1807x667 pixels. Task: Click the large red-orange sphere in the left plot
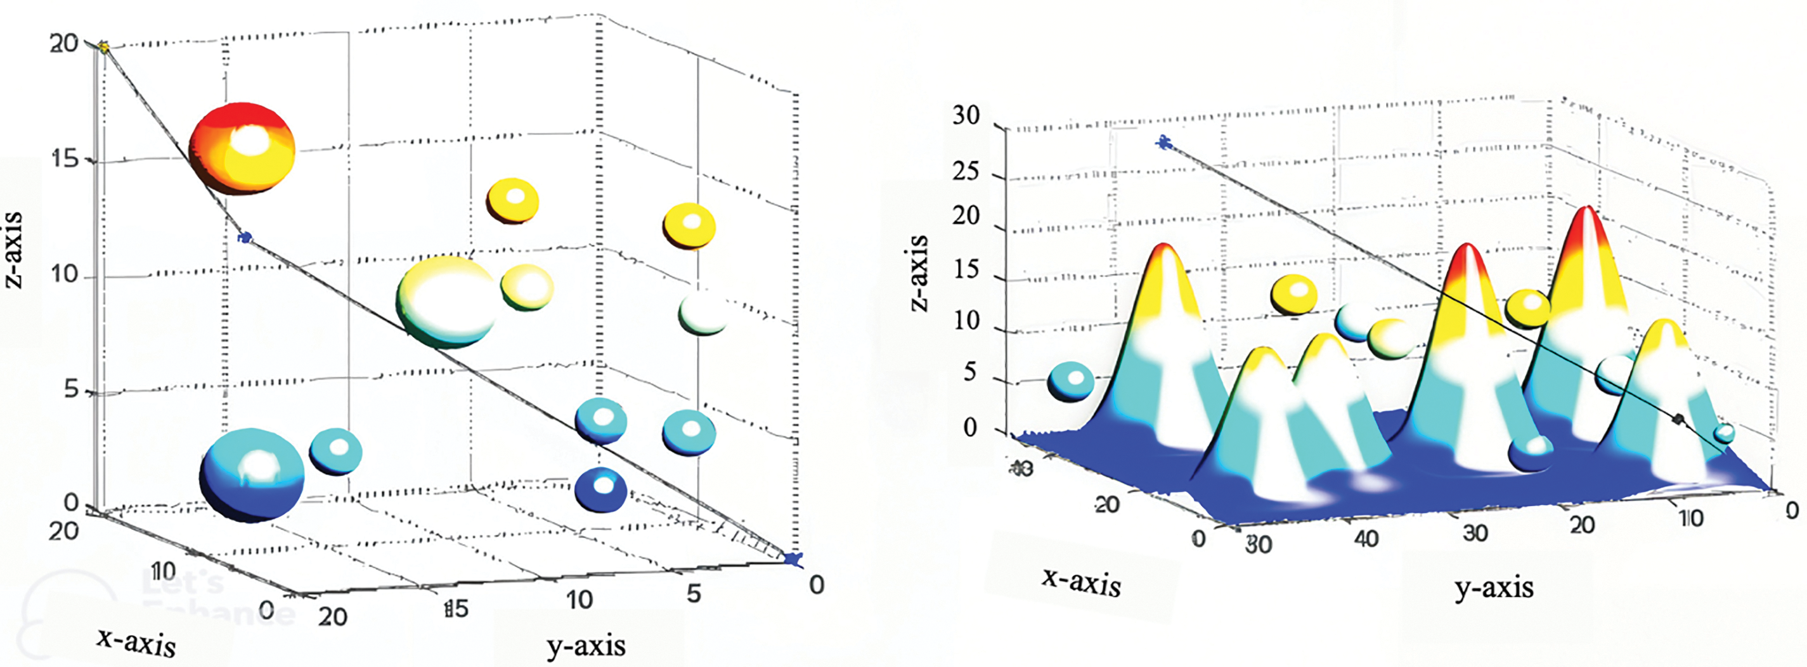(243, 149)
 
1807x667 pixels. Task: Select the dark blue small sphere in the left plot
(600, 489)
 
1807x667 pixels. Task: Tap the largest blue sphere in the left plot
(252, 475)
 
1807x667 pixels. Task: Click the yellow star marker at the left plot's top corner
(104, 48)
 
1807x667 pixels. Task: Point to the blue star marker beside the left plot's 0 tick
(793, 559)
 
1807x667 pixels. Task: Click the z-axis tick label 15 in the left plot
(65, 159)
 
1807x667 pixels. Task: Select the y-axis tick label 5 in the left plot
(693, 593)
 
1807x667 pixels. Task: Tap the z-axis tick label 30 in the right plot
(965, 115)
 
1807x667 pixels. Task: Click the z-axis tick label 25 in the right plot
(965, 171)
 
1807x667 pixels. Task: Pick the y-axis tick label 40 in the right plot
(1366, 540)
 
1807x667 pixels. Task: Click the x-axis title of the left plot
(137, 642)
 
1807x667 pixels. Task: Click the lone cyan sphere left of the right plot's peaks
(1070, 382)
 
